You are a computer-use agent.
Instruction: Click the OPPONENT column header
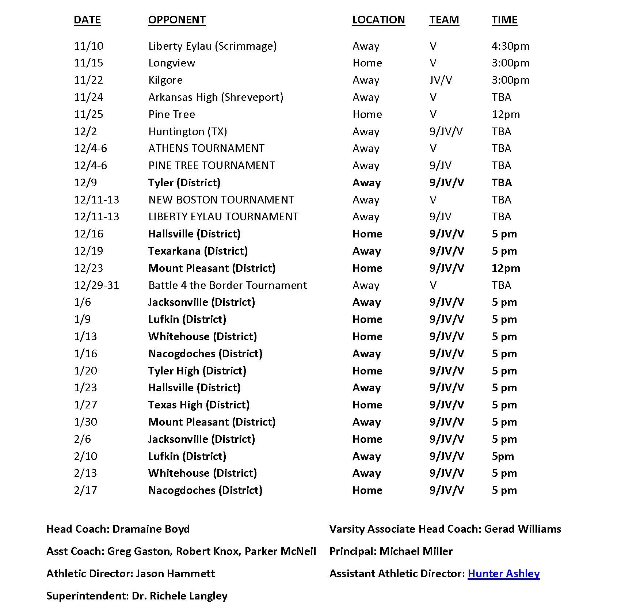click(x=177, y=20)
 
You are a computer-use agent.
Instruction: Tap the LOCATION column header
click(x=378, y=20)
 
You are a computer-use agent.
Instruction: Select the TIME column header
click(x=504, y=20)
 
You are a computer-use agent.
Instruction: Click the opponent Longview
click(x=172, y=63)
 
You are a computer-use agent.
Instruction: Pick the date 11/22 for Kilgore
click(x=88, y=80)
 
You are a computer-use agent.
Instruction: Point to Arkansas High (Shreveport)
click(x=216, y=97)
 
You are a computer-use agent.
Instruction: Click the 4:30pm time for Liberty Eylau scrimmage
click(x=510, y=46)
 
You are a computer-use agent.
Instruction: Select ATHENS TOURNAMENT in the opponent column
click(x=206, y=148)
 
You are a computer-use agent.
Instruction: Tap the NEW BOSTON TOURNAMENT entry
click(x=221, y=200)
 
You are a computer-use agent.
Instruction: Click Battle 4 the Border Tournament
click(x=228, y=285)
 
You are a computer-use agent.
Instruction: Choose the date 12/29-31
click(x=96, y=285)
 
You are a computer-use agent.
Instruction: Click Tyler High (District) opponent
click(x=197, y=371)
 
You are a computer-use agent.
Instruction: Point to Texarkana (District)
click(x=198, y=251)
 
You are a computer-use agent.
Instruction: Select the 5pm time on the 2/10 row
click(x=503, y=456)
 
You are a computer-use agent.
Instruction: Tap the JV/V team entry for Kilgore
click(x=441, y=80)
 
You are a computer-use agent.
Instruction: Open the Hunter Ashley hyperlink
click(x=504, y=574)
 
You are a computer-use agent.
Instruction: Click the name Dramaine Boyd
click(x=151, y=529)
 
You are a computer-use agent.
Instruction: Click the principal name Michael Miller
click(x=416, y=551)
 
